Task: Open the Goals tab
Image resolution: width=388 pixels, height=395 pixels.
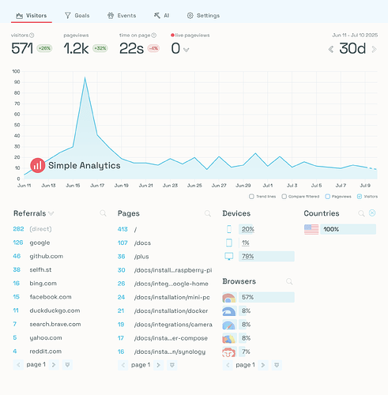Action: pos(77,15)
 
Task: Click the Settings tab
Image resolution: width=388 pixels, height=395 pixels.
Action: pos(203,15)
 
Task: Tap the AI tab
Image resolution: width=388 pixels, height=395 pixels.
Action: pos(162,15)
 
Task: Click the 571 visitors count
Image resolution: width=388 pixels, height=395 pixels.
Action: pos(22,47)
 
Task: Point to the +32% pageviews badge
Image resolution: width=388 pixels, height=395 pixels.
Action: pos(100,48)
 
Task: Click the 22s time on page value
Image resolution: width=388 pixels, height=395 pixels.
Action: pos(130,47)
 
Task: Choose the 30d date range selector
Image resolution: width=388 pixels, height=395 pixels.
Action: pos(352,48)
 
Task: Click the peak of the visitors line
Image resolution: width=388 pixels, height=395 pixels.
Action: pos(85,77)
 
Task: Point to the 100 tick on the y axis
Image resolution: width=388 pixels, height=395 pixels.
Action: pos(15,71)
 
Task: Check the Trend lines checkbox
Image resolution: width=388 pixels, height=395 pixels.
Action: pos(251,196)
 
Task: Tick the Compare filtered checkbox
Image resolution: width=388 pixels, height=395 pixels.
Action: pos(284,196)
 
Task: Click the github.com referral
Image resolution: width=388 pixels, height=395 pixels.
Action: pos(46,256)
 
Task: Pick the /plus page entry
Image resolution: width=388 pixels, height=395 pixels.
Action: pos(141,256)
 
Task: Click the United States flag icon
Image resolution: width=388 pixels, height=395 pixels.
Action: pos(311,229)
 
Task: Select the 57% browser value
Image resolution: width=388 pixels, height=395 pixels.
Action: pos(247,297)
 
